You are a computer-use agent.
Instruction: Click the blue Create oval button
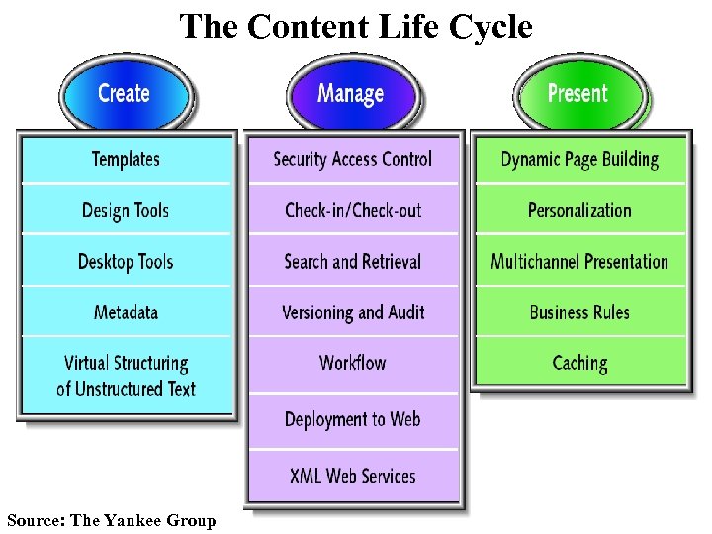point(125,94)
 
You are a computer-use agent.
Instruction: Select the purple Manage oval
point(350,94)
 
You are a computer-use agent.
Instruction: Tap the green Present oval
point(578,94)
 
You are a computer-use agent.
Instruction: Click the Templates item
point(126,159)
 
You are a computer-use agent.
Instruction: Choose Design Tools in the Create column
point(126,210)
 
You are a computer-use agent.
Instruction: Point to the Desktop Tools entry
point(126,261)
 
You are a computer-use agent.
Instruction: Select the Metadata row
point(126,312)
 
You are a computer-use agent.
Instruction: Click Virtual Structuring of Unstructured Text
point(126,376)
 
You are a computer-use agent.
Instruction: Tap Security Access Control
point(353,159)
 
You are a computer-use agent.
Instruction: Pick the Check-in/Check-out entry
point(353,210)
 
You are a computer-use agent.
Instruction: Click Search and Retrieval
point(353,262)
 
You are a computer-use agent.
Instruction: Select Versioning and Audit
point(353,312)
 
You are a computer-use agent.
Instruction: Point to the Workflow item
point(353,363)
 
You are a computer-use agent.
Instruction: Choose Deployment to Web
point(353,419)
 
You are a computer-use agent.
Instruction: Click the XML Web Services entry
point(353,476)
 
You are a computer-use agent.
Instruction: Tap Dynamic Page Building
point(579,159)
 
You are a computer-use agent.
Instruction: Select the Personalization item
point(579,210)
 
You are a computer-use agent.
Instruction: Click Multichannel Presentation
point(579,262)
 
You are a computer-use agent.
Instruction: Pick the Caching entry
point(579,363)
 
